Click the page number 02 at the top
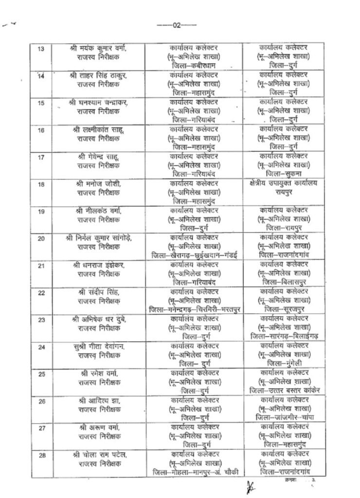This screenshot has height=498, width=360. [177, 25]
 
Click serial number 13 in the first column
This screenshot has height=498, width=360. [40, 49]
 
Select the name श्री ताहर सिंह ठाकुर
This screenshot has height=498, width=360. [99, 76]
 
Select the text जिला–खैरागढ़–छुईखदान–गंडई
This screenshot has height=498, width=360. [194, 255]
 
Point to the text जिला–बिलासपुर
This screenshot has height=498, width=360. [284, 282]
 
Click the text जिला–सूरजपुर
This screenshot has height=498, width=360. [284, 309]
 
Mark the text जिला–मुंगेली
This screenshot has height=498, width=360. [284, 363]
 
